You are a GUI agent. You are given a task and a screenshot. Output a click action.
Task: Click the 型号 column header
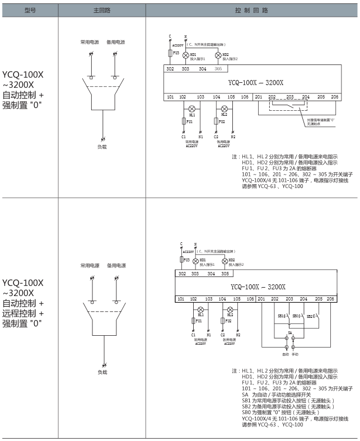[30, 10]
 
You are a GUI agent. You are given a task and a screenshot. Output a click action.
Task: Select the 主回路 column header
[102, 10]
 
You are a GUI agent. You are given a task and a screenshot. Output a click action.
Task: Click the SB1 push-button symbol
[283, 317]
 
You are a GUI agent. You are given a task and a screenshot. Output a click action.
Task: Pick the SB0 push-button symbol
[297, 317]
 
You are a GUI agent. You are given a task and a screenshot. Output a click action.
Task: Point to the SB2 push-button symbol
[311, 317]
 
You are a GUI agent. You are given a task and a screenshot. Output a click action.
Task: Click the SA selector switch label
[290, 333]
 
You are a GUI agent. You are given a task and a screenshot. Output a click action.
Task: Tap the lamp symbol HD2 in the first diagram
[219, 55]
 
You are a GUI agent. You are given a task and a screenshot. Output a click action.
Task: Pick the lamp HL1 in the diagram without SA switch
[192, 107]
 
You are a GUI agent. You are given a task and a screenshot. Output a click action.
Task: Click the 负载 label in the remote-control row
[102, 372]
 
